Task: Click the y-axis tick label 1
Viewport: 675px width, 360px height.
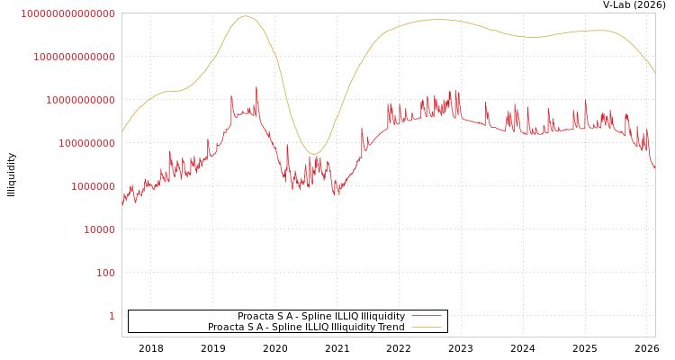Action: (112, 316)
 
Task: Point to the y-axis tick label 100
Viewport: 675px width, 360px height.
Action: (105, 273)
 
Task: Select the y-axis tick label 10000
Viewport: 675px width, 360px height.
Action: (99, 229)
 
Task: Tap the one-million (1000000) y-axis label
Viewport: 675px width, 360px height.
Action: (93, 186)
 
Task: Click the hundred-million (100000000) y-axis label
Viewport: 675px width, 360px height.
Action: (86, 143)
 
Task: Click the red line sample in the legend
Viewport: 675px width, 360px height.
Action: (427, 316)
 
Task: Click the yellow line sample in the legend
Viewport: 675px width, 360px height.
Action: (427, 328)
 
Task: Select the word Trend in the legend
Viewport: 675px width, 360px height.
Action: (391, 328)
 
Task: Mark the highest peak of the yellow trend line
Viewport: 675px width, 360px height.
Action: (246, 16)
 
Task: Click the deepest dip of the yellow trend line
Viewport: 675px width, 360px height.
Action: (313, 154)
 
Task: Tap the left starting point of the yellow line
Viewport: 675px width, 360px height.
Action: (122, 132)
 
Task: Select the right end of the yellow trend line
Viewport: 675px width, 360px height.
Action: (654, 72)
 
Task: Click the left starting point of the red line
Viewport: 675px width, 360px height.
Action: (122, 205)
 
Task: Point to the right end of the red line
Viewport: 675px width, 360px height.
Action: (654, 168)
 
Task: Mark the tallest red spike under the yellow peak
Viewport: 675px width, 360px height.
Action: (256, 87)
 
